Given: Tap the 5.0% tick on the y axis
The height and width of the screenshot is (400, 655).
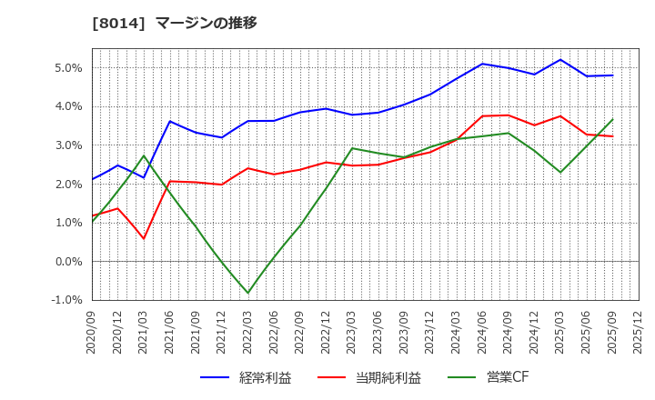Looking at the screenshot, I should coord(68,68).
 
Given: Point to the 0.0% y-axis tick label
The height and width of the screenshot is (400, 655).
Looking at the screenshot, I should coord(68,262).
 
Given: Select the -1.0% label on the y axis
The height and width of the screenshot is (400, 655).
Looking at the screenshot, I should coord(66,300).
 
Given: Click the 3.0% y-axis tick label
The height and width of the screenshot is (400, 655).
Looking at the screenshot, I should coord(68,145).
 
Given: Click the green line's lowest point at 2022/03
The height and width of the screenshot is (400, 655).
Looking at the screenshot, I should coord(248,293).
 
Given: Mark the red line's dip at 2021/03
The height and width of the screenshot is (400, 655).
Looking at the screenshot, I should coord(144,239).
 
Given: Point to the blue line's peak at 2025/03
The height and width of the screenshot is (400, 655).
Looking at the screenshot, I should coord(560,60).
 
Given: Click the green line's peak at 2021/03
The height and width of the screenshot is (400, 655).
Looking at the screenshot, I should coord(144,155).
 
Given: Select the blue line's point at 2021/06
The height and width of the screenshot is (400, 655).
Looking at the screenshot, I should coord(170,121).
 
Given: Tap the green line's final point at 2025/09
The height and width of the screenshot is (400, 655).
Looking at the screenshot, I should coord(612,119).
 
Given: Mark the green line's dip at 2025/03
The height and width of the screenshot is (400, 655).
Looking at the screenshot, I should coord(560,172).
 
